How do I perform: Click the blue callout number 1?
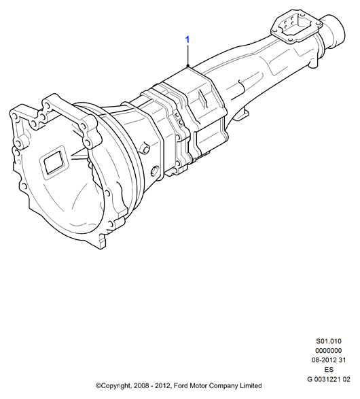click(x=187, y=39)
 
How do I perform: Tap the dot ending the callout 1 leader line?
click(x=188, y=66)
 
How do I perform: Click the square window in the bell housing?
click(x=54, y=162)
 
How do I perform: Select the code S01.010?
click(x=329, y=341)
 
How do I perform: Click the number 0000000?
click(x=329, y=350)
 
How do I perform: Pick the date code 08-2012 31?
click(x=329, y=360)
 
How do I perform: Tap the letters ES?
click(x=329, y=369)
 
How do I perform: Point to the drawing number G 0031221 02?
click(x=329, y=379)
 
